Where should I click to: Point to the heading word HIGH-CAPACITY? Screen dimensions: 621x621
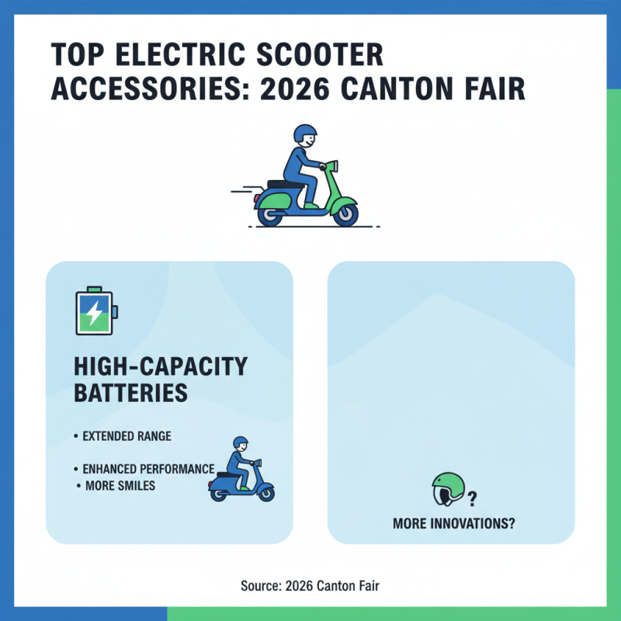pyautogui.click(x=160, y=366)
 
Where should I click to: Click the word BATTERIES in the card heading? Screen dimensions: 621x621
pyautogui.click(x=130, y=392)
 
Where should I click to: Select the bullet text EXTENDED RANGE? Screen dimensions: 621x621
pyautogui.click(x=127, y=436)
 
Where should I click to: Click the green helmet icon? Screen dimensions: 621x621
pyautogui.click(x=448, y=491)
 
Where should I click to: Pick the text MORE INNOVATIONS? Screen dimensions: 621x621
pyautogui.click(x=454, y=524)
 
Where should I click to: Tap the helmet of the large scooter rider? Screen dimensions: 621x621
pyautogui.click(x=306, y=134)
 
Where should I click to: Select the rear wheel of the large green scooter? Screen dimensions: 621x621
pyautogui.click(x=270, y=213)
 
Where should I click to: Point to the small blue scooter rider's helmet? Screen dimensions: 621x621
pyautogui.click(x=241, y=443)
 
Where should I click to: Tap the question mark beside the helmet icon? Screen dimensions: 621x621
pyautogui.click(x=472, y=498)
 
